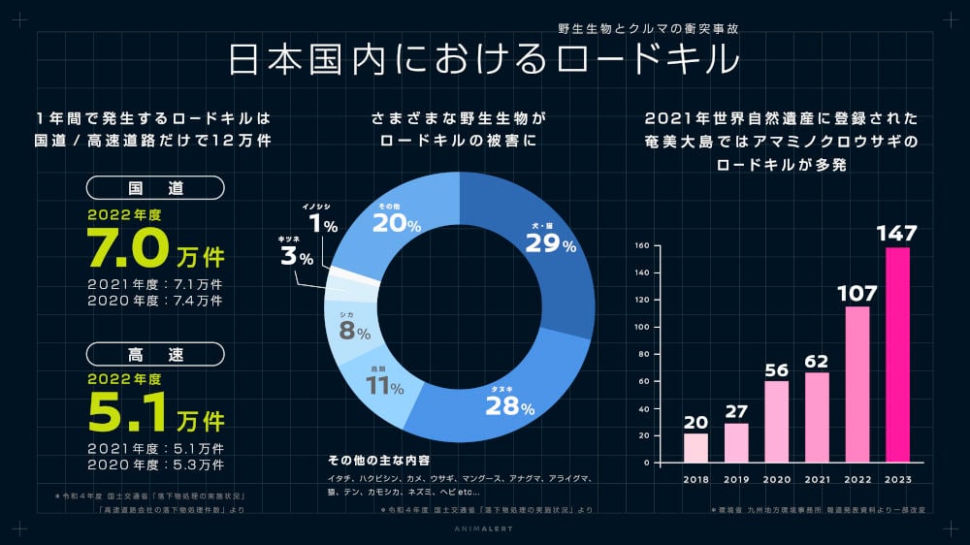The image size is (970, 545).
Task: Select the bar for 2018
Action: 696,448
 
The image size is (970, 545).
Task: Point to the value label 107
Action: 857,292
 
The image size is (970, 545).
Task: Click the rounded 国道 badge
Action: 155,188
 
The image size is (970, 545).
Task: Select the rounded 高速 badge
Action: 155,353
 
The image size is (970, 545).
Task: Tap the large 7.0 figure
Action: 129,248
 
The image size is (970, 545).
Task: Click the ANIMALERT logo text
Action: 485,529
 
